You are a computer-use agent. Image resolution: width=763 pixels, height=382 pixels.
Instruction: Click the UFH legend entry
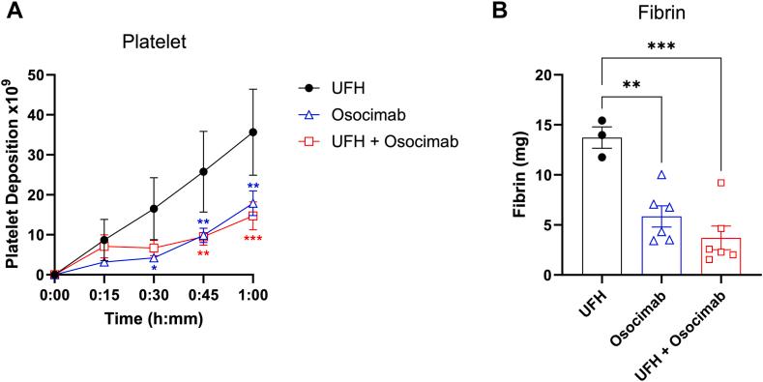[x=362, y=87]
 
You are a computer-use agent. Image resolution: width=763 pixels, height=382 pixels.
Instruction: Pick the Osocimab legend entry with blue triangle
[x=383, y=114]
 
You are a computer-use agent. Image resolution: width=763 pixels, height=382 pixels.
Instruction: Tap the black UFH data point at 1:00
[x=253, y=132]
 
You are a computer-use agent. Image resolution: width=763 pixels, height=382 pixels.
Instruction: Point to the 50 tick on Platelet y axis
[x=36, y=74]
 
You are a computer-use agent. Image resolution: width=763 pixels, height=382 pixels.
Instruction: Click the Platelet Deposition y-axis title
[x=13, y=174]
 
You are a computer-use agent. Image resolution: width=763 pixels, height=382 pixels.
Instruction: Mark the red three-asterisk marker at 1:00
[x=253, y=239]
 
